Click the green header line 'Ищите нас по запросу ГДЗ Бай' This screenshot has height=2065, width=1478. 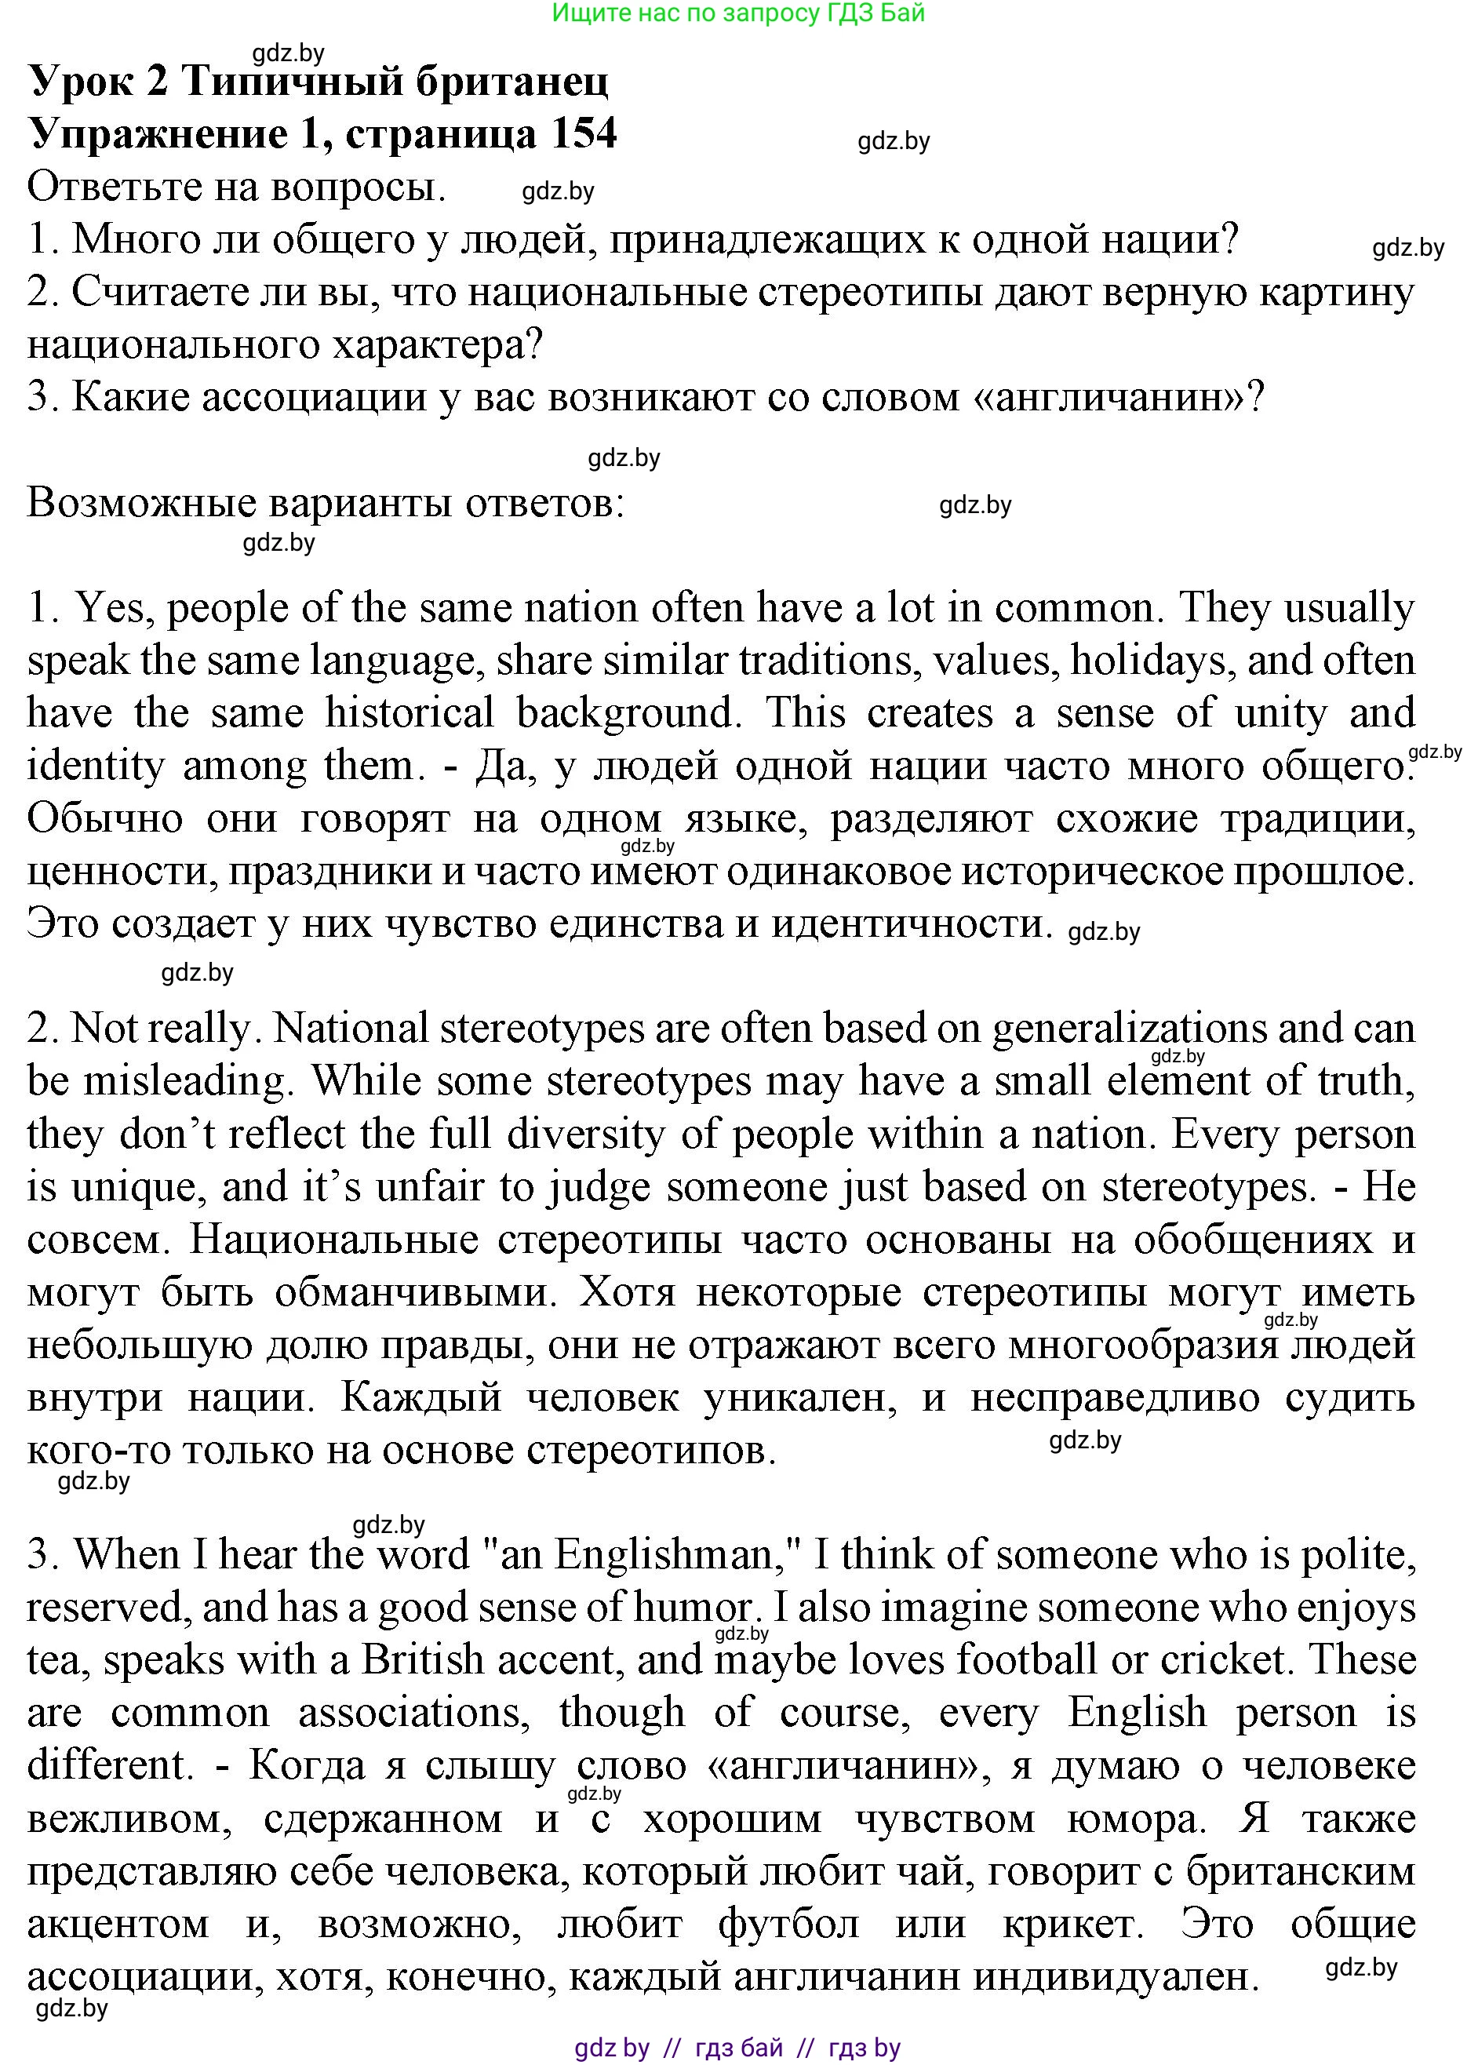pyautogui.click(x=738, y=13)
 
